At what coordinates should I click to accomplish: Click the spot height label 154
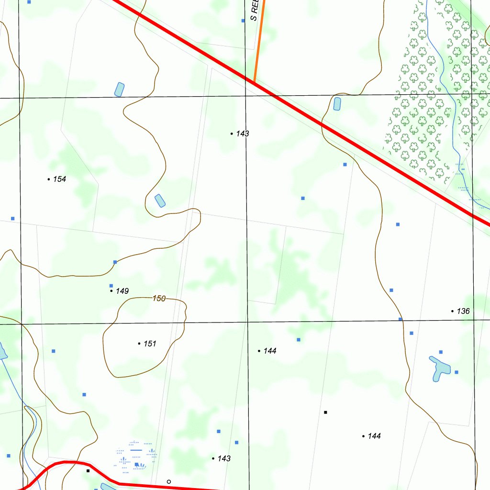point(59,179)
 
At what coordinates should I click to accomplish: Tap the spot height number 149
point(122,291)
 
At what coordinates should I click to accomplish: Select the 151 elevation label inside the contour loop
point(150,344)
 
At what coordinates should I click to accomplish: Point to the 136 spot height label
point(463,311)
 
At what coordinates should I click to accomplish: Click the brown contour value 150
point(159,299)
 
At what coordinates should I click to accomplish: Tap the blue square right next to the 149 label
point(111,286)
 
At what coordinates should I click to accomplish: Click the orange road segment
point(259,43)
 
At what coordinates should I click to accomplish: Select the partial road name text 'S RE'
point(255,10)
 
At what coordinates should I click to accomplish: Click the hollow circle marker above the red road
point(168,481)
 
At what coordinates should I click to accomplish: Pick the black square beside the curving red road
point(88,471)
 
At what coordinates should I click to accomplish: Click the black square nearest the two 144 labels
point(325,412)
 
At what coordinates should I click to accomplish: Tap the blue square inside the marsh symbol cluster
point(137,464)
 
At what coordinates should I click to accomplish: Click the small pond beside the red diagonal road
point(337,103)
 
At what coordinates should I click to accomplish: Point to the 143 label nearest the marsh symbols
point(224,458)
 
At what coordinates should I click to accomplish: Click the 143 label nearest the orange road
point(243,134)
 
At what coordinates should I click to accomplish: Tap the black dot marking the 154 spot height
point(49,179)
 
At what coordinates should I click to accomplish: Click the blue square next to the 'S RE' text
point(243,21)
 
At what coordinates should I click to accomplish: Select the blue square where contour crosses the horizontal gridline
point(401,319)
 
